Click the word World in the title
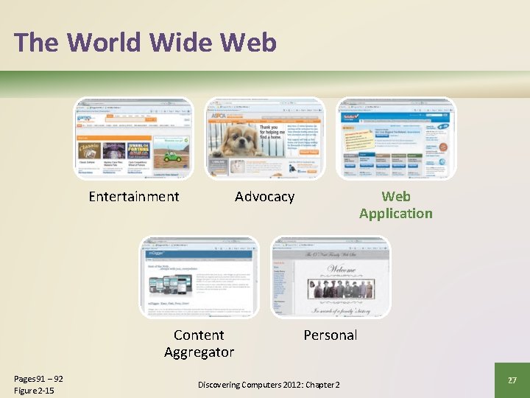click(104, 43)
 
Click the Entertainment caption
click(133, 196)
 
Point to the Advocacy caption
click(264, 196)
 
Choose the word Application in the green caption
click(396, 214)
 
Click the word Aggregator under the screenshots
click(199, 352)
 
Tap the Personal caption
click(331, 335)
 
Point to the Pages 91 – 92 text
click(38, 379)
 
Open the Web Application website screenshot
click(396, 138)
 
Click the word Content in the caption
click(199, 335)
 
